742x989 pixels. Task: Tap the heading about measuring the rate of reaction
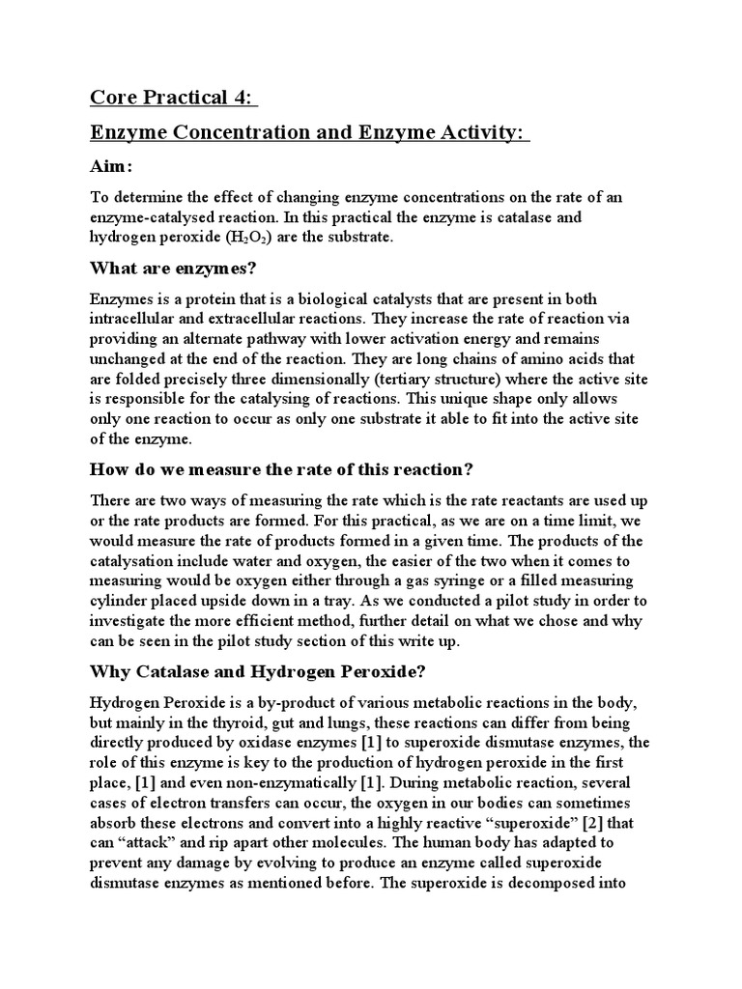280,470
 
